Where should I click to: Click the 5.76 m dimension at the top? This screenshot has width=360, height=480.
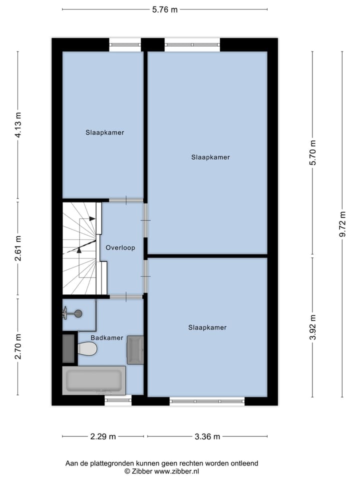point(165,9)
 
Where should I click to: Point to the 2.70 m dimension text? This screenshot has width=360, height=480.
point(18,346)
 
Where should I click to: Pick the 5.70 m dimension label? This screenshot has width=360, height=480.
point(313,153)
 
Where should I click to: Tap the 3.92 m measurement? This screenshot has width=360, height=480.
point(313,327)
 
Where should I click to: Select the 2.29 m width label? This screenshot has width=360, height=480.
point(103,436)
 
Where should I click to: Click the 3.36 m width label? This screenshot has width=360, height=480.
point(207,436)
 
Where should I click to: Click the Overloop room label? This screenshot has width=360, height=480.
point(120,247)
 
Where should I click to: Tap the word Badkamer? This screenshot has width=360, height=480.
point(107,337)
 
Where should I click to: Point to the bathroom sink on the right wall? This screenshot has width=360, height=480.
point(135,349)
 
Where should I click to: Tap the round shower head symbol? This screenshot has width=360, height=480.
point(77,313)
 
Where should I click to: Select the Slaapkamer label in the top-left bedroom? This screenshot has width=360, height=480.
point(104,132)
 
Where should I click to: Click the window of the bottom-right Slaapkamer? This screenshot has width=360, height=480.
point(207,401)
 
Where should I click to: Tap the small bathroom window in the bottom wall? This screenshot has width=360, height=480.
point(118,400)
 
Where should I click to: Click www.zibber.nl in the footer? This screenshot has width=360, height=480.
point(176,471)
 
